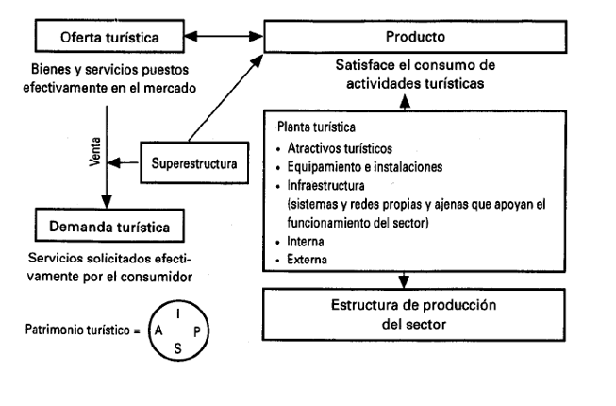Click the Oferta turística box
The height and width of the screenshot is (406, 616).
(x=108, y=38)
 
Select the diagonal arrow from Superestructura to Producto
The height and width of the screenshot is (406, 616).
(x=225, y=100)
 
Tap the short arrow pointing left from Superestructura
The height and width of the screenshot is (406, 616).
(x=125, y=164)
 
